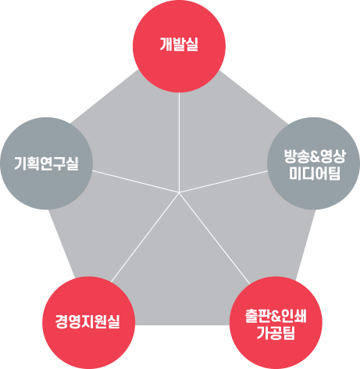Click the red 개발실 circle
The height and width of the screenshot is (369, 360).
[x=179, y=46]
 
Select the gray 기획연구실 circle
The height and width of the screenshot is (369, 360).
[x=46, y=163]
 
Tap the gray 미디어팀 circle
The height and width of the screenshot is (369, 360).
[x=314, y=163]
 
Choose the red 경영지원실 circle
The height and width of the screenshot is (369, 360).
[x=88, y=323]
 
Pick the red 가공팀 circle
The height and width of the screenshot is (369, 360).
[x=276, y=323]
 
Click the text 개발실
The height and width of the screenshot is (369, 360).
[x=179, y=44]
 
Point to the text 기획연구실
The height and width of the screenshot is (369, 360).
[x=46, y=163]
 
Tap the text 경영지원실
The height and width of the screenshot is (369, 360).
[x=87, y=321]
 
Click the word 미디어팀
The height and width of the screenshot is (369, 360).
[x=315, y=174]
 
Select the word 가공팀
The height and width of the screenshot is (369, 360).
[x=276, y=333]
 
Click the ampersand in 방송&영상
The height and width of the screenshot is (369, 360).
[x=315, y=156]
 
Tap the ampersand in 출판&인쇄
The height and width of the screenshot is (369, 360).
[x=276, y=316]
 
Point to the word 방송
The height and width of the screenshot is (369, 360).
[x=297, y=156]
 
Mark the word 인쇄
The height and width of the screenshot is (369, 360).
[x=294, y=316]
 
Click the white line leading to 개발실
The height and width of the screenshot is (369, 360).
[x=179, y=142]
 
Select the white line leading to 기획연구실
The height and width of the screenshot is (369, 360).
[x=136, y=181]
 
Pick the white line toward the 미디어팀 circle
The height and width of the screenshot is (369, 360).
[x=223, y=181]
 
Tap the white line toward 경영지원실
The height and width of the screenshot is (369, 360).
[x=145, y=237]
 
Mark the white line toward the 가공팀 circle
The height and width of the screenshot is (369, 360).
[x=215, y=238]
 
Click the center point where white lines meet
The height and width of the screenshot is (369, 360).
[x=179, y=192]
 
